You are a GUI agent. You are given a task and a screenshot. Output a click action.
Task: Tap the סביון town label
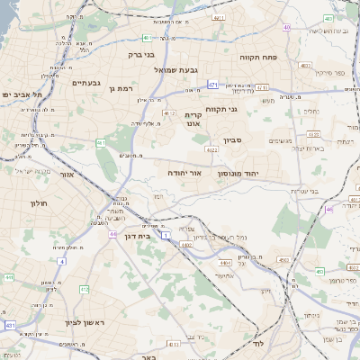[x=234, y=140]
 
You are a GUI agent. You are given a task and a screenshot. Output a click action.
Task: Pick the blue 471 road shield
[x=212, y=84]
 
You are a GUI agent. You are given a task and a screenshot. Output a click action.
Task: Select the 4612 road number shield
[x=169, y=112]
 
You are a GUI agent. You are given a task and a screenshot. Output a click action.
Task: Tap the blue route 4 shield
[x=62, y=261]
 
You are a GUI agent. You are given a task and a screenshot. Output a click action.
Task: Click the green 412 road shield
[x=84, y=290]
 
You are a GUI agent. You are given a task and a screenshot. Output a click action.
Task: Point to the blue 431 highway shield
[x=10, y=324]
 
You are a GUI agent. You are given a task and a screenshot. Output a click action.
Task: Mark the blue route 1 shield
[x=166, y=236]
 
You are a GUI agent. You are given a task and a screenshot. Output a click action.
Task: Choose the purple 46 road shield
[x=329, y=208]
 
